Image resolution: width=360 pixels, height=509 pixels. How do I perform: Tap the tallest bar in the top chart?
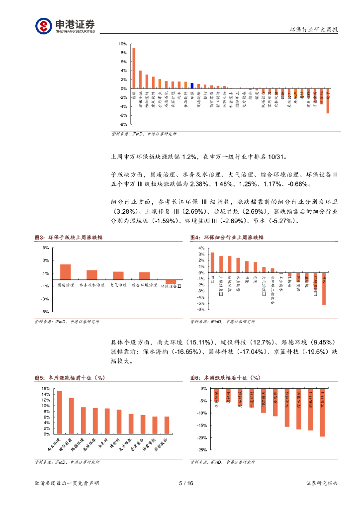tap(134, 68)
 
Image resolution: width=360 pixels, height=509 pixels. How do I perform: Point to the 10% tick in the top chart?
tap(122, 44)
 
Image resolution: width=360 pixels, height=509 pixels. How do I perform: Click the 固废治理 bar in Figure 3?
tap(65, 272)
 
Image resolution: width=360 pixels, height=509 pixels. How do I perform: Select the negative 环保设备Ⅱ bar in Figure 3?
tap(171, 282)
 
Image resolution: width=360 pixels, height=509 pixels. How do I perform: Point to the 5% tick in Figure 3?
tap(45, 248)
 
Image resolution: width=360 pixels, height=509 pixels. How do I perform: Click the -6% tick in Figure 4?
tap(201, 309)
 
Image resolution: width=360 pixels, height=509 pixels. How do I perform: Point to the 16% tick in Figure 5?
tap(46, 389)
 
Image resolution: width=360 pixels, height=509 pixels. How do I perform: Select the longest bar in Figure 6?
tap(322, 412)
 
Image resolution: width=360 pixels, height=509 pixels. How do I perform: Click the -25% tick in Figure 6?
tap(201, 450)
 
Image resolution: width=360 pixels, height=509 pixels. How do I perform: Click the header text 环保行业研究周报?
tap(314, 30)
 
